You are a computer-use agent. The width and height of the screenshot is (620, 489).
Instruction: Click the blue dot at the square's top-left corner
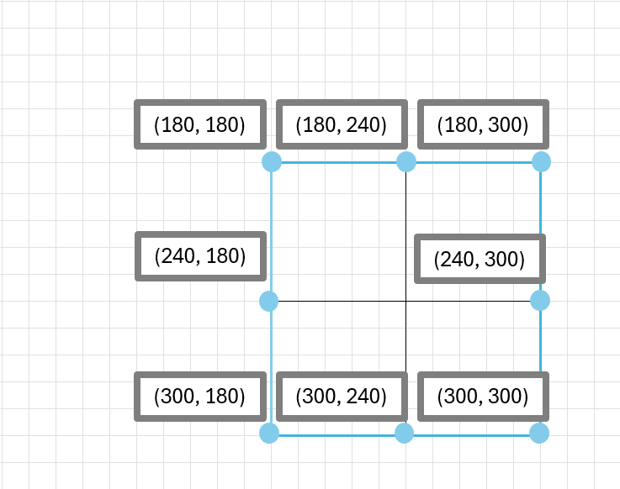[x=272, y=162]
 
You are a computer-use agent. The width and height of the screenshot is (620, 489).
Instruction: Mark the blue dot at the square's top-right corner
[x=541, y=162]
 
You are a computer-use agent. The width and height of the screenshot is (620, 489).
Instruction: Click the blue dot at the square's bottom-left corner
[x=269, y=434]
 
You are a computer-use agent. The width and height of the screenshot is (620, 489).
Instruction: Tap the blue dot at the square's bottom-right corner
[x=539, y=434]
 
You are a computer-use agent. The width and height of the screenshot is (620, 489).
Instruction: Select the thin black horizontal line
[x=405, y=301]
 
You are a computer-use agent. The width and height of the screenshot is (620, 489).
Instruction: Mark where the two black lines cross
[x=406, y=301]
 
